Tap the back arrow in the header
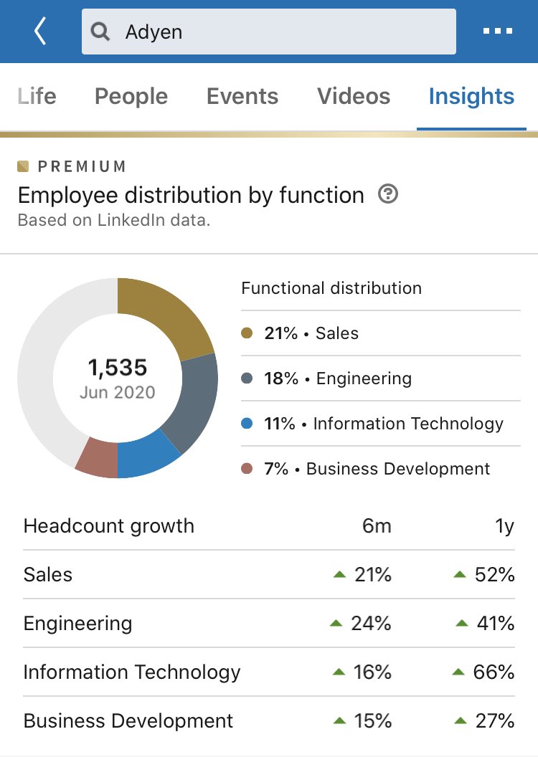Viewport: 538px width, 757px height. pyautogui.click(x=40, y=32)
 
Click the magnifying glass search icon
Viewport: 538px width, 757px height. pyautogui.click(x=101, y=32)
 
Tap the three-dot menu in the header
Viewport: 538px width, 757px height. pyautogui.click(x=498, y=32)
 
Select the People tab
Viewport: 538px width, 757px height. pyautogui.click(x=131, y=97)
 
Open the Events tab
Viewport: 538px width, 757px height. pyautogui.click(x=242, y=97)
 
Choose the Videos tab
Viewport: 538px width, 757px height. pyautogui.click(x=354, y=97)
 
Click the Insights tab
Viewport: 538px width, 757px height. pyautogui.click(x=471, y=97)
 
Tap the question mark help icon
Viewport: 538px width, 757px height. pyautogui.click(x=388, y=194)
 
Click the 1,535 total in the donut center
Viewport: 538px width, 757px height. pyautogui.click(x=117, y=368)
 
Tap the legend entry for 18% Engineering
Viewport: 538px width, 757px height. pyautogui.click(x=337, y=378)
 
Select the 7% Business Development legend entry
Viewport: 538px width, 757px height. pyautogui.click(x=366, y=469)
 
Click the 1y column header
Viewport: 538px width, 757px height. pyautogui.click(x=504, y=526)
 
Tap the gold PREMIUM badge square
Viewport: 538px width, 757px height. pyautogui.click(x=24, y=167)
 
